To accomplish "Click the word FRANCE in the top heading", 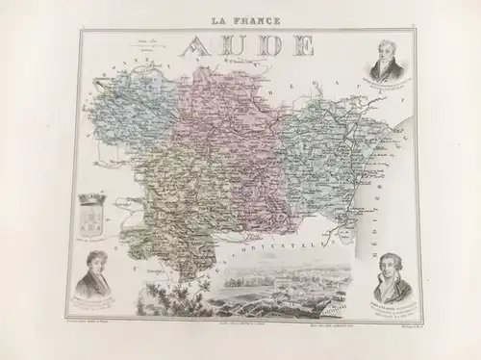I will [x=254, y=19].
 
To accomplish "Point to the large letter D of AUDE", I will [x=268, y=45].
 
